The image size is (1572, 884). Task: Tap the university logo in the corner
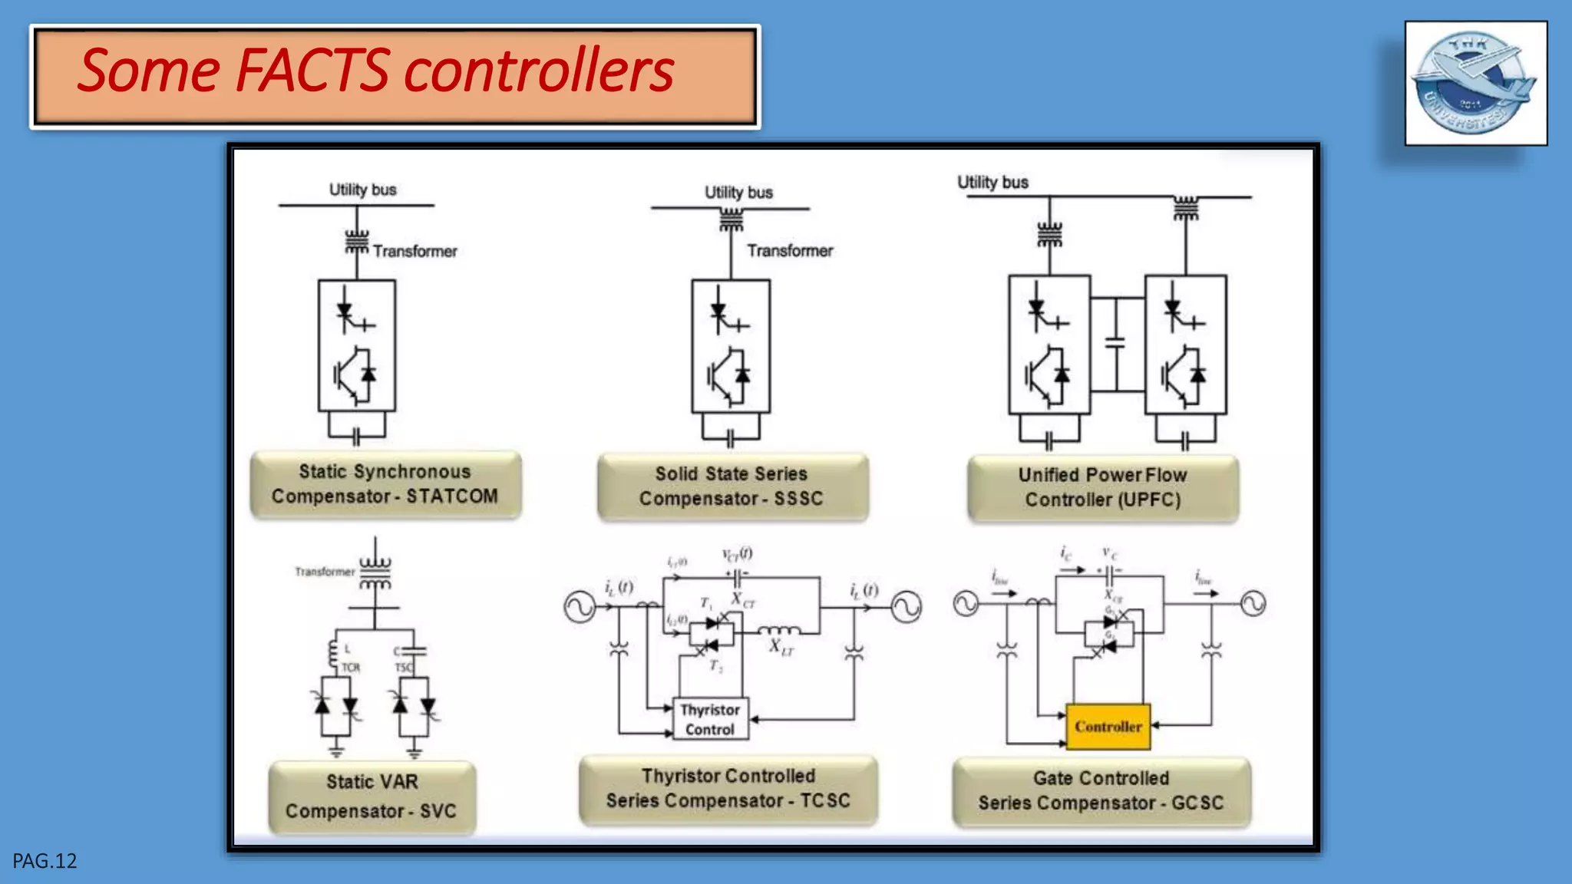click(1475, 83)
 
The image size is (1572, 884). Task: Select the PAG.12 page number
click(45, 861)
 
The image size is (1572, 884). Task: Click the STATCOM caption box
click(385, 484)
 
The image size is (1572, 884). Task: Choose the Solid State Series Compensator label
click(732, 487)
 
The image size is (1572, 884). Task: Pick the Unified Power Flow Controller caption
click(1103, 487)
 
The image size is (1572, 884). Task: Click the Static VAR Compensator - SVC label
click(372, 797)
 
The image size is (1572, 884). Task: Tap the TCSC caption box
click(728, 789)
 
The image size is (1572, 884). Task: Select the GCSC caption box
click(1101, 791)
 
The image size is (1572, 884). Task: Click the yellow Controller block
click(1108, 726)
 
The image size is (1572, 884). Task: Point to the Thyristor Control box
click(710, 720)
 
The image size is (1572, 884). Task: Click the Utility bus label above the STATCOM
click(362, 190)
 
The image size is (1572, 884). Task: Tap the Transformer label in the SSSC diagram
click(790, 251)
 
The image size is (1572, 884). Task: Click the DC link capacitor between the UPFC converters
click(1115, 342)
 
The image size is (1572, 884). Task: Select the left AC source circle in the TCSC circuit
click(580, 607)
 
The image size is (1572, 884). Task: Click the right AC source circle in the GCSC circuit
click(1253, 604)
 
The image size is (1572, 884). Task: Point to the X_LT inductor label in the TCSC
click(781, 647)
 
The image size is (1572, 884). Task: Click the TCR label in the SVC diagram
click(351, 668)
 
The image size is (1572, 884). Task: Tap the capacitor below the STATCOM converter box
click(356, 437)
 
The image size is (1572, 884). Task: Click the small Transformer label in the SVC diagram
click(325, 572)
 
